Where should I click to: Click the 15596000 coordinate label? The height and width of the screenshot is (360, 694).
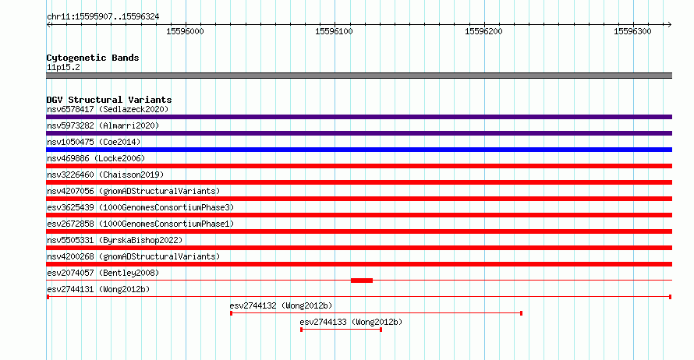point(185,31)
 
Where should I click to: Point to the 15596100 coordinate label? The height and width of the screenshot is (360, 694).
point(335,31)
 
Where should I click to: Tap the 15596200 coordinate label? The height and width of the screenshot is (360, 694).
point(483,31)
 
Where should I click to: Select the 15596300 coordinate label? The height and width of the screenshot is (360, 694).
point(633,31)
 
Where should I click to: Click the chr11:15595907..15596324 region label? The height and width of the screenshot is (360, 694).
point(103,17)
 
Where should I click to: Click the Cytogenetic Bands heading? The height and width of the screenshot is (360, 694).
point(93,58)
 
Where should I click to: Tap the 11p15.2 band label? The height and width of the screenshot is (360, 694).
point(63,67)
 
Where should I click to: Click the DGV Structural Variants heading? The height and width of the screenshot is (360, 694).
point(109,100)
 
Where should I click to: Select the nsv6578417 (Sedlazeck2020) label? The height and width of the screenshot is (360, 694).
point(108,109)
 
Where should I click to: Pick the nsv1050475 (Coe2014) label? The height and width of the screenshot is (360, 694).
point(94,142)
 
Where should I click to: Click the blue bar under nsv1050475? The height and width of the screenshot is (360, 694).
point(359,150)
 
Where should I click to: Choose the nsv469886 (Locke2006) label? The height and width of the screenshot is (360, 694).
point(96,158)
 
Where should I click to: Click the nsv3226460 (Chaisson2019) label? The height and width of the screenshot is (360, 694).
point(105,175)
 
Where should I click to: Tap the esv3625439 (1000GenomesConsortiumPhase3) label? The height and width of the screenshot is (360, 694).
point(140,207)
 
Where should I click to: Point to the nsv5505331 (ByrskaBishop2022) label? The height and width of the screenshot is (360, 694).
point(115,240)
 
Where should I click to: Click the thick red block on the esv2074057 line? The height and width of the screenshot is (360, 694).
point(362,281)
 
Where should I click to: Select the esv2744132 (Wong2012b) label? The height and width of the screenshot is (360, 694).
point(281,305)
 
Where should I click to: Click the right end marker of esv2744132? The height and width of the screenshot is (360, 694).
point(522,313)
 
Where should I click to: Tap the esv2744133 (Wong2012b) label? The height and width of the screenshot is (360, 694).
point(351,322)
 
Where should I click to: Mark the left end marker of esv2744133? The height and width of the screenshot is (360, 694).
point(302,330)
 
